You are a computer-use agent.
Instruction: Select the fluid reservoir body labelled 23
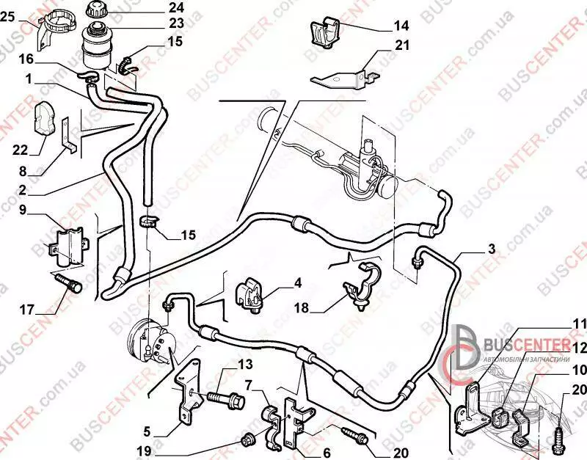pos(97,45)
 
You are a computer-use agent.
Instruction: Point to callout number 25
pos(7,18)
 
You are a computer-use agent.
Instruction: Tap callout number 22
pos(20,150)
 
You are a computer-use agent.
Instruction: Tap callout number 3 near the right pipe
pos(491,249)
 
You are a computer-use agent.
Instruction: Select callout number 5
pos(146,431)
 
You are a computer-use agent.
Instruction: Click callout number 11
pos(580,324)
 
